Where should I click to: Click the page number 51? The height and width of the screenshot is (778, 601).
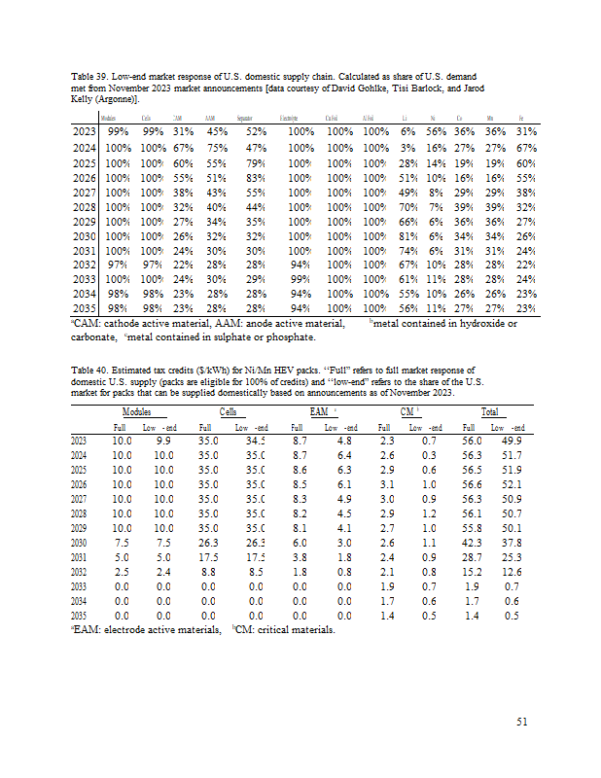(521, 721)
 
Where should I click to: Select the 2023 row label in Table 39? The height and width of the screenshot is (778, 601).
(85, 131)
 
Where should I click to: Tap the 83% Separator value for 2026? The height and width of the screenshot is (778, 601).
(256, 178)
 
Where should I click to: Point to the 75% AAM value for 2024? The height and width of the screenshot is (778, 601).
(217, 148)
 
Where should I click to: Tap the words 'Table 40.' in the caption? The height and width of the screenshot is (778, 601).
(93, 371)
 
